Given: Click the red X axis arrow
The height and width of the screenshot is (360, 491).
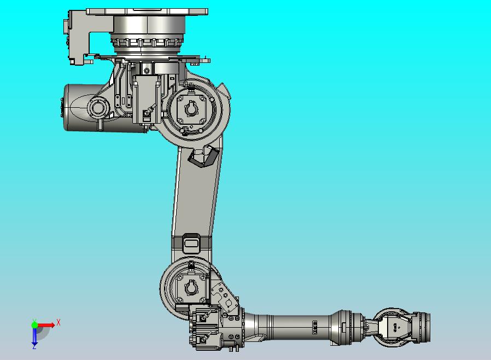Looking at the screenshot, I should [x=46, y=325].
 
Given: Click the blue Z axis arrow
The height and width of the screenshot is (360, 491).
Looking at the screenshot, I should [x=34, y=336].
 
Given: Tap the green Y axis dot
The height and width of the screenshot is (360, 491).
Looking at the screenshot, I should [x=34, y=325].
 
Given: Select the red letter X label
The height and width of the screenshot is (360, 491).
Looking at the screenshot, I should [x=59, y=323].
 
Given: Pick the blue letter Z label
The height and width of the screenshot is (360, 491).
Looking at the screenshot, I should [x=34, y=346].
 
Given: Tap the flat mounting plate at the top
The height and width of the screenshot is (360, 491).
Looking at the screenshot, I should [x=147, y=11].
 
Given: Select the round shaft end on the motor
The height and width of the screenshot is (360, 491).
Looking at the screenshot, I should [x=98, y=108].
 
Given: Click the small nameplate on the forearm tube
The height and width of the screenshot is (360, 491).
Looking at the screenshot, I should [x=314, y=327].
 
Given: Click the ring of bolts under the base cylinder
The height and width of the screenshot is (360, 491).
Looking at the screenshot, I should [x=148, y=42].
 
